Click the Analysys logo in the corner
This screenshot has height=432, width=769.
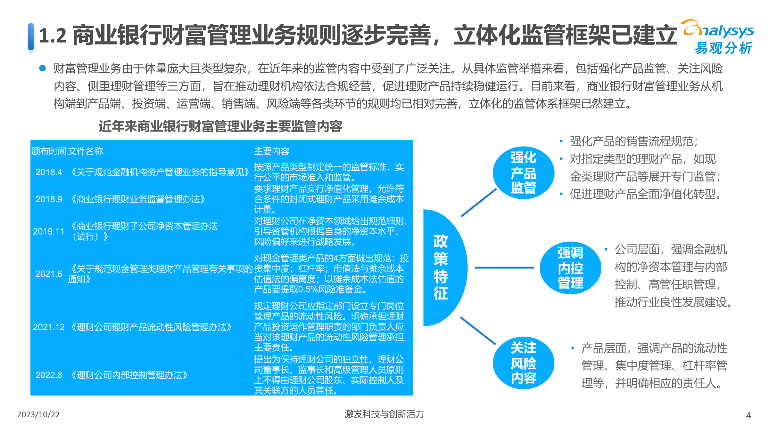click(719, 37)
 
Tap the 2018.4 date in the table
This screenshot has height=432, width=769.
click(49, 172)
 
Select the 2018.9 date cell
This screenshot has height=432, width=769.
click(49, 199)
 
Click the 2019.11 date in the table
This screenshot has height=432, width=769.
click(49, 231)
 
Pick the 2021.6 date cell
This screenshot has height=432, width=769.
click(49, 274)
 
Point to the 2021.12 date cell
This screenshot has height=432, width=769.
click(49, 327)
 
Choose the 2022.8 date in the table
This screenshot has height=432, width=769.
click(49, 375)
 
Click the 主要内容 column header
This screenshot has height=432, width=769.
click(272, 151)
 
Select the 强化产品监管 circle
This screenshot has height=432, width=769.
click(523, 173)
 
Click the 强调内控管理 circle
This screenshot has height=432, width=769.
click(570, 268)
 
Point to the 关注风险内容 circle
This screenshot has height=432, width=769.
click(523, 363)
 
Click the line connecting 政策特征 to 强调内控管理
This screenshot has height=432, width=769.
click(504, 268)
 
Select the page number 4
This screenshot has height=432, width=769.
click(748, 415)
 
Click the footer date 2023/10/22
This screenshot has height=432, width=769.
click(38, 415)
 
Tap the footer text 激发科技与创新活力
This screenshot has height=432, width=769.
click(384, 414)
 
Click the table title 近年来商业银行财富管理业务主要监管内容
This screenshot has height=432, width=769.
click(220, 126)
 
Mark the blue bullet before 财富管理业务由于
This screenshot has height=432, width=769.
click(42, 68)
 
